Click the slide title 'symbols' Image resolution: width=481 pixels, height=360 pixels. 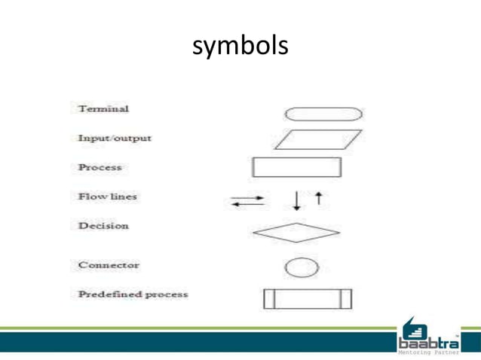[240, 47]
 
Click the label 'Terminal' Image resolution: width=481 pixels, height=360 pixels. [103, 109]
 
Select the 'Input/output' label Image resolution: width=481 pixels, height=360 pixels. [115, 139]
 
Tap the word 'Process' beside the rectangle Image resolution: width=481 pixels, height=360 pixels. [100, 167]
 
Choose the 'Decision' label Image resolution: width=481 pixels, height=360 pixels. [103, 226]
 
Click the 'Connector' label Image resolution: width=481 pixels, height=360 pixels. [109, 265]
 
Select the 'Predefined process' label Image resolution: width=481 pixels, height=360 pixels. [133, 294]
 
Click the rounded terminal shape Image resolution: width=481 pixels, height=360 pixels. [323, 114]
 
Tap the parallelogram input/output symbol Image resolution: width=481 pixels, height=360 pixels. [317, 140]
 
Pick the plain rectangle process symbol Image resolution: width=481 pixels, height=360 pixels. [297, 166]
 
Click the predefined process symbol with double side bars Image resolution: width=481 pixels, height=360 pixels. [308, 298]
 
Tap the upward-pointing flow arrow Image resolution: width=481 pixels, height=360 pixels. [319, 197]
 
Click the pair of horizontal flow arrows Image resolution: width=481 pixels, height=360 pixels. [248, 201]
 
